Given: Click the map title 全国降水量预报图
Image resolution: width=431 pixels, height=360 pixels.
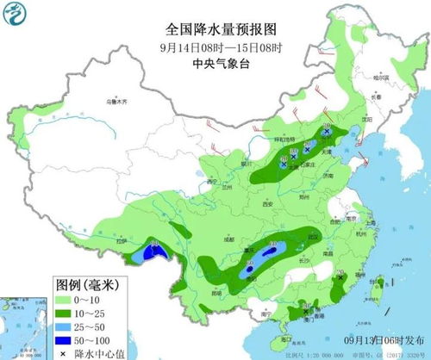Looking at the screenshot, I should point(215,27).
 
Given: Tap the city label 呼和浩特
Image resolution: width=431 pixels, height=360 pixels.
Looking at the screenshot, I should point(285,140).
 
